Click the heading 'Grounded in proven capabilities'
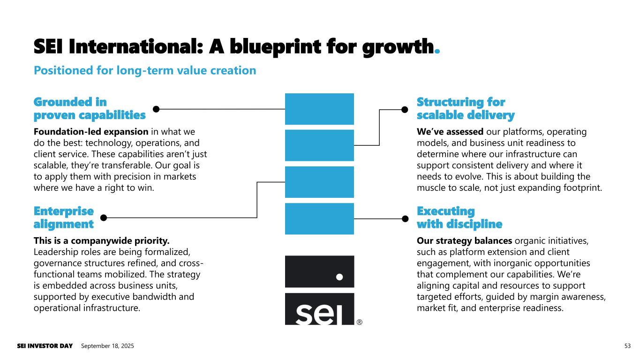[x=90, y=109]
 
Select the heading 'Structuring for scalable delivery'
[x=466, y=109]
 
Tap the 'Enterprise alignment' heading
[x=64, y=217]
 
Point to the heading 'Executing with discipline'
[x=459, y=217]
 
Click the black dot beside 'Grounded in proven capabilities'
[x=156, y=109]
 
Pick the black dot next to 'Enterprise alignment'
[x=104, y=218]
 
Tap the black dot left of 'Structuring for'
[x=405, y=109]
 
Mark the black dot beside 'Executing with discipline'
[x=405, y=219]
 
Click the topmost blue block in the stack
[x=319, y=109]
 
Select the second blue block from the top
[x=319, y=145]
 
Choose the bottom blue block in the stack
[x=319, y=219]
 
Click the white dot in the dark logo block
[x=339, y=277]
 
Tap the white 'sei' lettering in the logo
[x=319, y=315]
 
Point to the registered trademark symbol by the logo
[x=360, y=322]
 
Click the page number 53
[x=627, y=346]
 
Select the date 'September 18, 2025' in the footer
[x=107, y=346]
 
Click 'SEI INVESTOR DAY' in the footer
[x=45, y=346]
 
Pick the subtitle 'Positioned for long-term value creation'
[x=145, y=70]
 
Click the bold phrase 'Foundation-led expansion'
[x=91, y=132]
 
